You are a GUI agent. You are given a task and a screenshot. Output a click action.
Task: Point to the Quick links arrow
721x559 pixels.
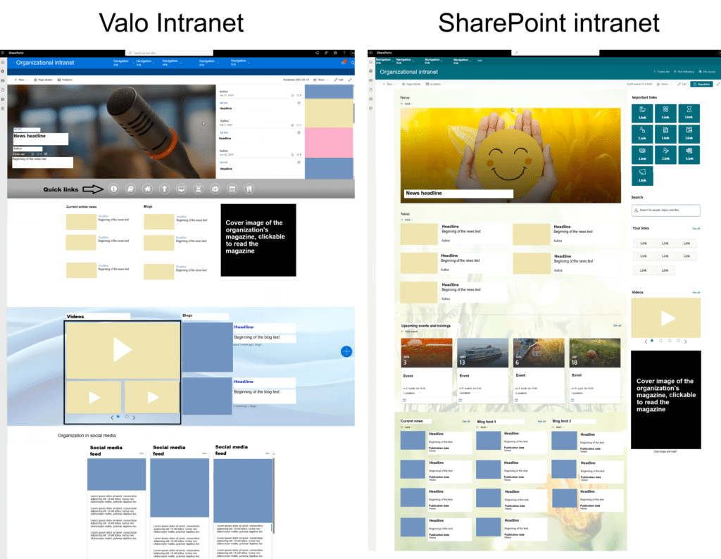point(92,189)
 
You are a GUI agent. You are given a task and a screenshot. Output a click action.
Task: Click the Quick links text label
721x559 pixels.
point(61,189)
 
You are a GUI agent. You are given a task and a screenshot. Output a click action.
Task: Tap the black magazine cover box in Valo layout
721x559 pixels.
point(258,239)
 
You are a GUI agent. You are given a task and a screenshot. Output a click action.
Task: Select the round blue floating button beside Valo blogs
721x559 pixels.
point(346,351)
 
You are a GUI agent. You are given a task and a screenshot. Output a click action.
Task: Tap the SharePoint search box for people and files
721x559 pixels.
point(665,211)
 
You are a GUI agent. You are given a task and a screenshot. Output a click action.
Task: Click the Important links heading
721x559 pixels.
point(645,97)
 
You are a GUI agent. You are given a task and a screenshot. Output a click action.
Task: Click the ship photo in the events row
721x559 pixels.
point(482,352)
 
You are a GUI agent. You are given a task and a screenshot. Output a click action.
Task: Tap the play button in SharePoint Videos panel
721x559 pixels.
point(665,318)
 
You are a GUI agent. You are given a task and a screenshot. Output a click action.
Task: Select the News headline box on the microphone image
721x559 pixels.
point(40,138)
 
